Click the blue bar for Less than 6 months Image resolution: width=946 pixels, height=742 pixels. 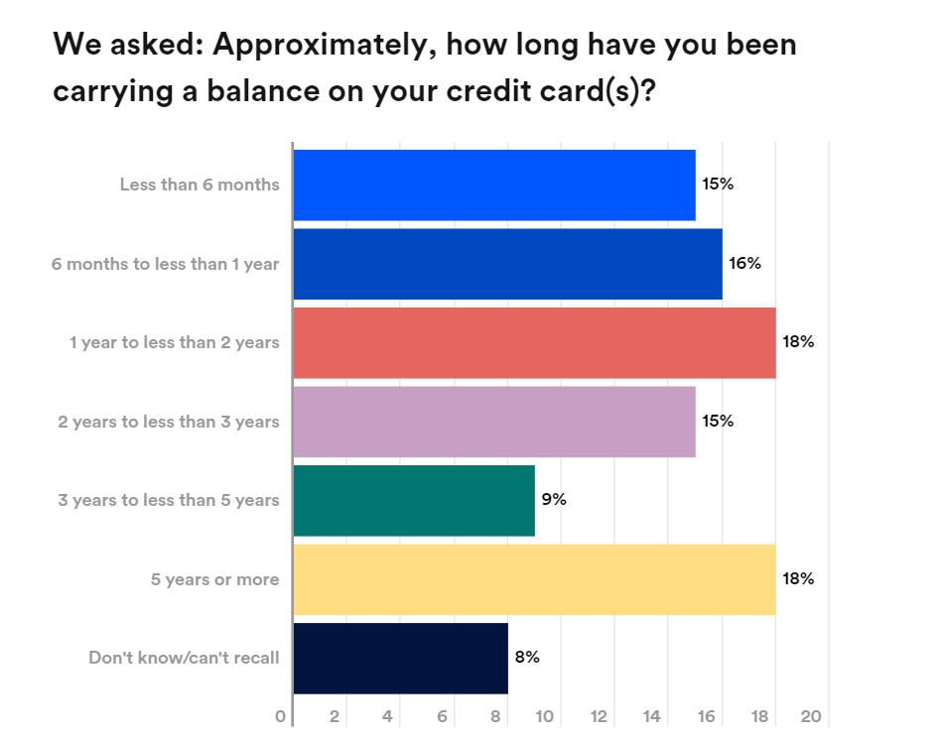pos(493,185)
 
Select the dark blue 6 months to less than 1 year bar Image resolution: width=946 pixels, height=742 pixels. pos(507,264)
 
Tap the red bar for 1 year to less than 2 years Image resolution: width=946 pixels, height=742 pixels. pos(534,342)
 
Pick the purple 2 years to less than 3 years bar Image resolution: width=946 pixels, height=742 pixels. pos(493,422)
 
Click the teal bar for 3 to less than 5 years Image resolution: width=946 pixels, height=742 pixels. pos(414,500)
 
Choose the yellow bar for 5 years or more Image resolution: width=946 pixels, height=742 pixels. pos(534,579)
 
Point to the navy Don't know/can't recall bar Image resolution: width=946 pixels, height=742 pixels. pos(400,658)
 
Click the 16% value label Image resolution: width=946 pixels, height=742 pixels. pos(744,263)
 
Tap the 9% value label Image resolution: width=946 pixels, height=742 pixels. pos(554,499)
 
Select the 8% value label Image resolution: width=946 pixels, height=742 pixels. pos(527,657)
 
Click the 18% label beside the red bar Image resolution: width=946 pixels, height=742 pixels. pos(798,341)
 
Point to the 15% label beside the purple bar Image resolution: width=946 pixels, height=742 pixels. pos(718,421)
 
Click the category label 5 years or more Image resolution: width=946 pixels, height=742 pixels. pos(214,579)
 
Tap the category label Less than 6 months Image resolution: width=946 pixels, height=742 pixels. pos(200,185)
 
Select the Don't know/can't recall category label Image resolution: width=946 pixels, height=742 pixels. pos(184,658)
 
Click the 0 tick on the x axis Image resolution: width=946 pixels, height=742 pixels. pos(281,716)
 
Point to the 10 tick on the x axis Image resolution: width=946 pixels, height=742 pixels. pos(546,716)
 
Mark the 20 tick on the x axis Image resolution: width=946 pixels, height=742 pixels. pos(811,716)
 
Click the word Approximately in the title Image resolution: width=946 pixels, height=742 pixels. pos(326,45)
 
